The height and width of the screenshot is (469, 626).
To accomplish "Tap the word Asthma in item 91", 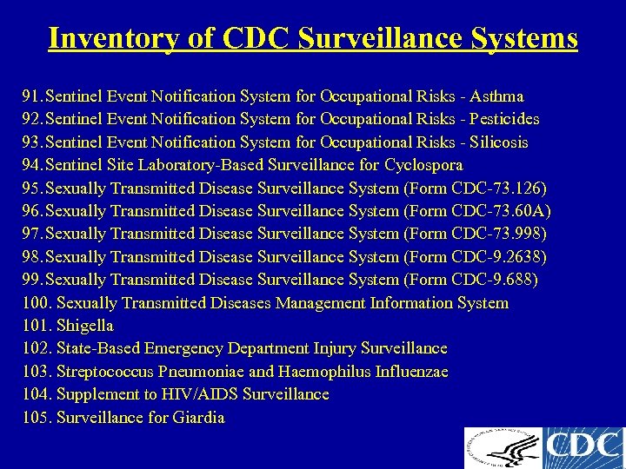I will (x=497, y=96).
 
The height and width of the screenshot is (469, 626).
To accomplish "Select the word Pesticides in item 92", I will (x=504, y=119).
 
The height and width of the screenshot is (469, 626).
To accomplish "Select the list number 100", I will (x=36, y=303).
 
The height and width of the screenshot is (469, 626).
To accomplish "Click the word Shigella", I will (x=85, y=326).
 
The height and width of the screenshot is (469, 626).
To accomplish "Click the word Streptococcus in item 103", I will (x=104, y=372).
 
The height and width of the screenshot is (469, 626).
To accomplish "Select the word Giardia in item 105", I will (x=198, y=418).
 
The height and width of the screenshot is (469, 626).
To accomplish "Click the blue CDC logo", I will (x=583, y=448).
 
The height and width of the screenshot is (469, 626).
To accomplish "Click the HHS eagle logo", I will (x=502, y=448).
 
